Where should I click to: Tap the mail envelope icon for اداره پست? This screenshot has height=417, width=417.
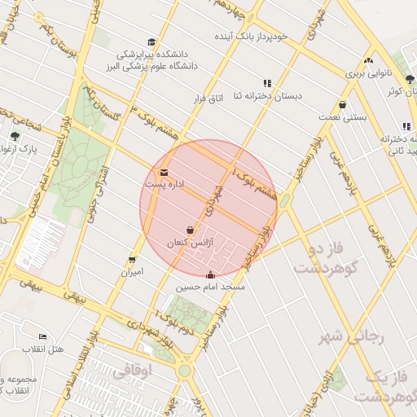pos(165,173)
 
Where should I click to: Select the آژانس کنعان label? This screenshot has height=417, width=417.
pos(189,244)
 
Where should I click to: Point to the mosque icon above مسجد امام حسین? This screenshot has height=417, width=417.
pos(211,274)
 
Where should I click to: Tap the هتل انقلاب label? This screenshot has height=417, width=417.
pos(45,349)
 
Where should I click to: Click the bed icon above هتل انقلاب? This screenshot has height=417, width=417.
pos(42,337)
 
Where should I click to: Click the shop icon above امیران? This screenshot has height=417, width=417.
pos(131,260)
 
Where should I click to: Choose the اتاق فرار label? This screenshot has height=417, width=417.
pos(207,99)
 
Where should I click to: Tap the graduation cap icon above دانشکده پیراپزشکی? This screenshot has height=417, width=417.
pos(151,42)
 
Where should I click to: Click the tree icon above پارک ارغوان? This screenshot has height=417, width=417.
pos(15,136)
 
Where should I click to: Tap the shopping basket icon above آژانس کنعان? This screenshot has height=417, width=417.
pos(191,230)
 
